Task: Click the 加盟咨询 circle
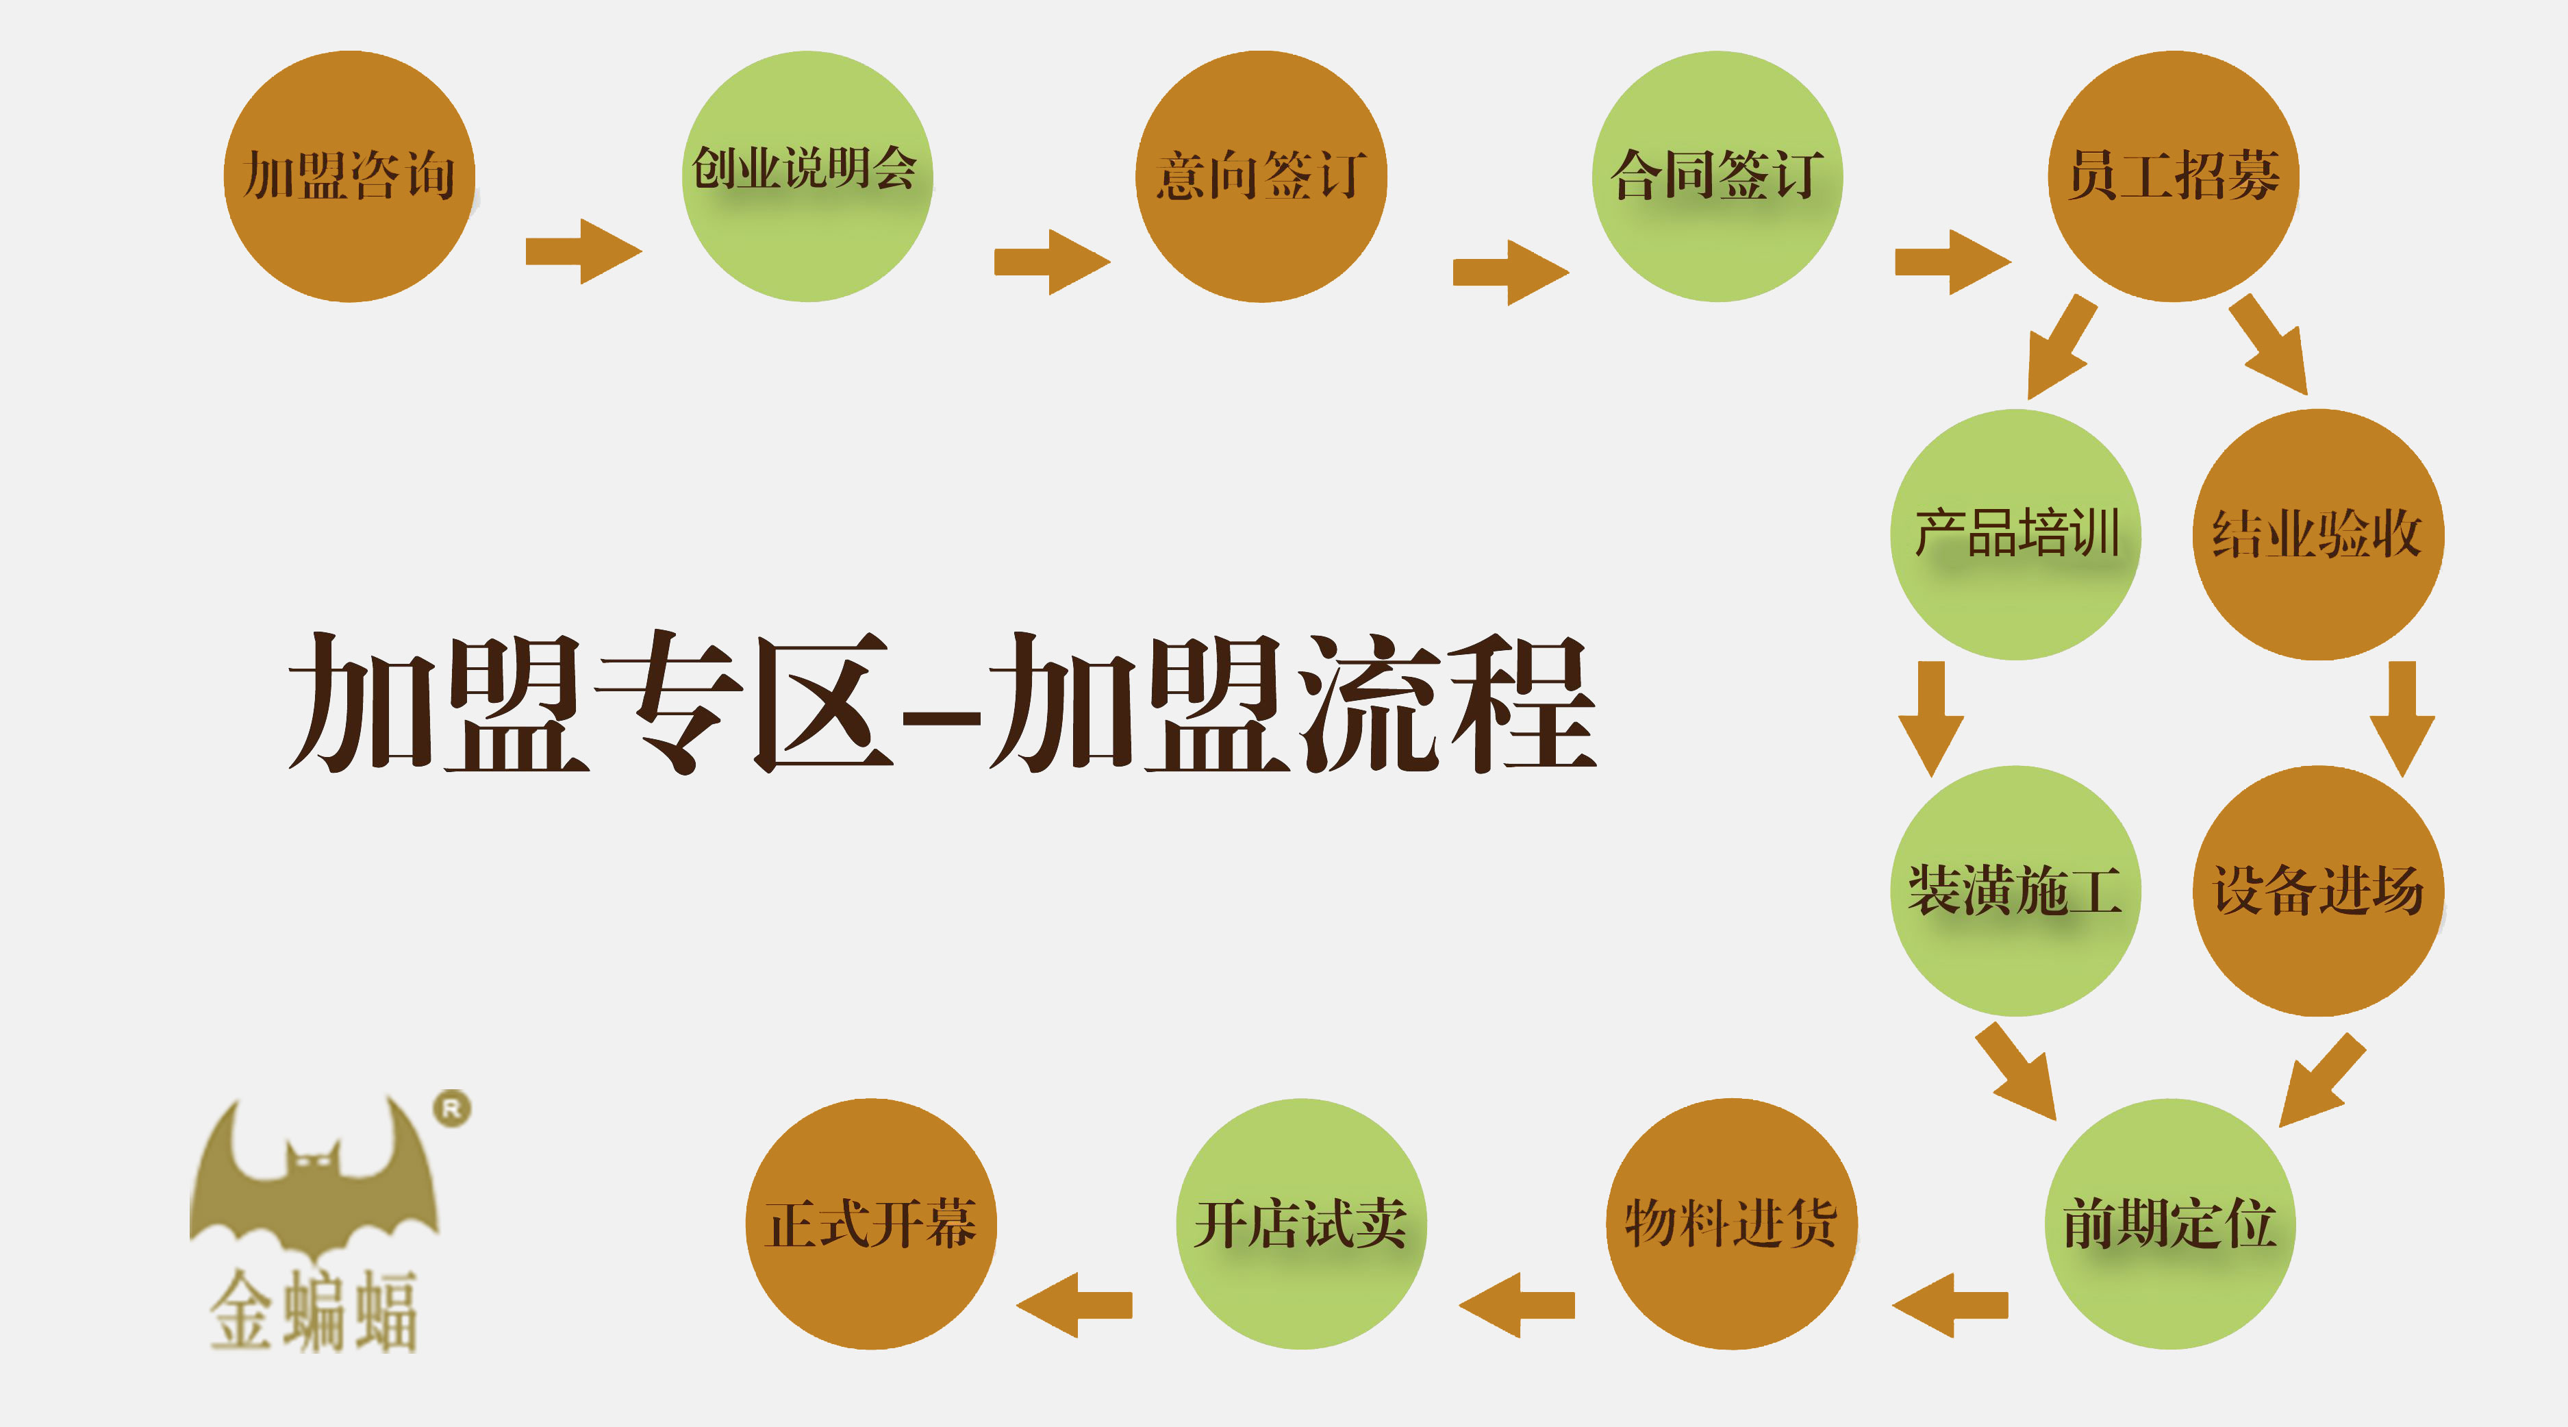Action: (349, 177)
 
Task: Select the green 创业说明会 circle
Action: (807, 177)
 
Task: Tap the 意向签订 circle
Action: (1261, 177)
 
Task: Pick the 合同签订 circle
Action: (1717, 177)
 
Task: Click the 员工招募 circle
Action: (2174, 177)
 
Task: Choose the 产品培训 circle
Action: (2016, 534)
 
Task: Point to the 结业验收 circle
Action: (2318, 534)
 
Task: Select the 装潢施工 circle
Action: (2016, 891)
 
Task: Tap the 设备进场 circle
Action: (2318, 891)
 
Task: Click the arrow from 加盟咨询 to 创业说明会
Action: (583, 251)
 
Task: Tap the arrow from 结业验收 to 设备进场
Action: (2402, 718)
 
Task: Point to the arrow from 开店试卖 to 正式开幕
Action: (1074, 1304)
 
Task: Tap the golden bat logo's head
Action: (313, 1162)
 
